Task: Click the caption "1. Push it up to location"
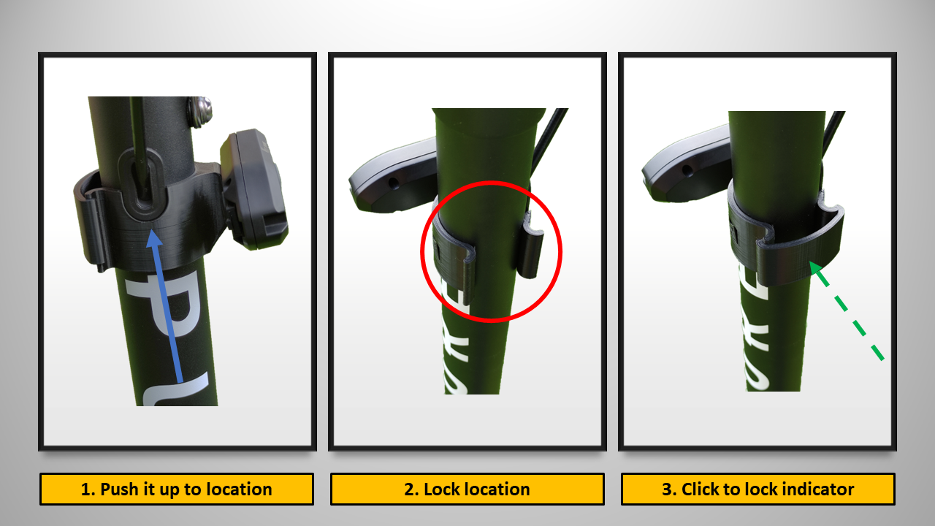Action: pyautogui.click(x=176, y=489)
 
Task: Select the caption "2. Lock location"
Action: pyautogui.click(x=467, y=489)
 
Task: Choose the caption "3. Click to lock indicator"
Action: pyautogui.click(x=757, y=489)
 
